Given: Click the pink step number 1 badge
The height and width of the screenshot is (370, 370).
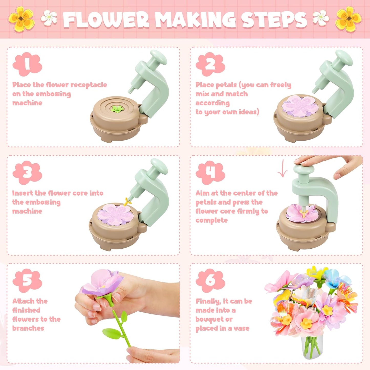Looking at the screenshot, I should coord(27,64).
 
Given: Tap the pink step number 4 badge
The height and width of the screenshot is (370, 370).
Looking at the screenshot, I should coord(210,172).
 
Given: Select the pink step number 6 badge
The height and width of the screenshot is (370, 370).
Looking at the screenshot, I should coord(210,280).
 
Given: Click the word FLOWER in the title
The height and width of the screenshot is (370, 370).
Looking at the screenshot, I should coord(106,20).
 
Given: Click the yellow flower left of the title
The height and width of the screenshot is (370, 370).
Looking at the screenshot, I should coord(21,19).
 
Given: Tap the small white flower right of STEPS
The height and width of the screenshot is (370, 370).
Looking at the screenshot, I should coord(321,18).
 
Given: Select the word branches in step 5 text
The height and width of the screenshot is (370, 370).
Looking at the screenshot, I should coord(28,328).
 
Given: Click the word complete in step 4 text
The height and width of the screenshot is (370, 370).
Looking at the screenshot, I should coord(212,220).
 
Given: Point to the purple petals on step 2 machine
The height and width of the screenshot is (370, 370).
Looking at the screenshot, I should coord(300,106).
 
